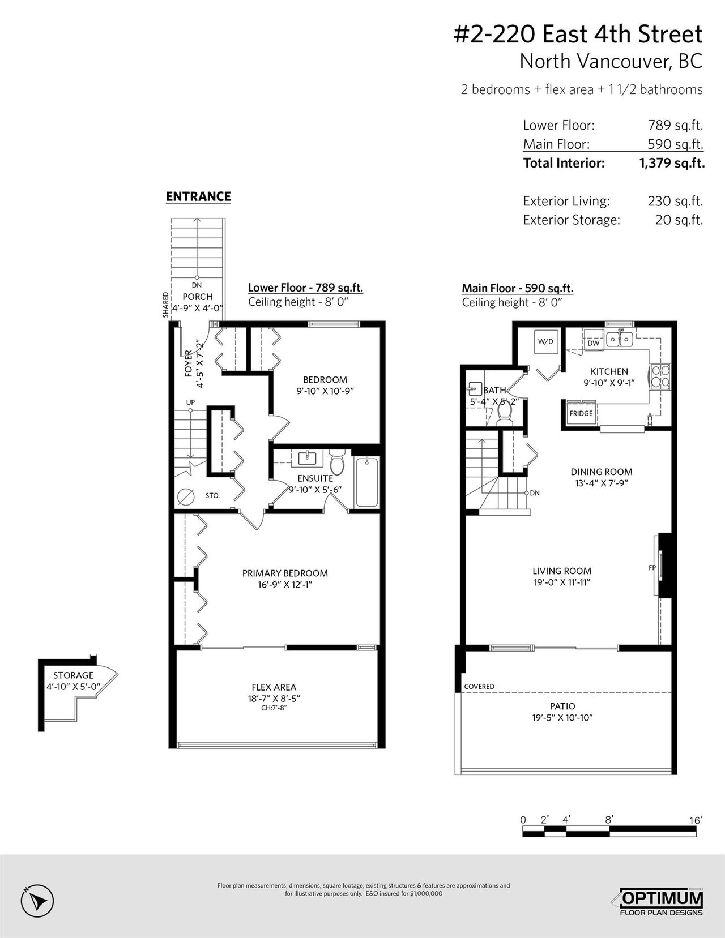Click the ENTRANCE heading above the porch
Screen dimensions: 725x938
(198, 197)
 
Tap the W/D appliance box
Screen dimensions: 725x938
(545, 342)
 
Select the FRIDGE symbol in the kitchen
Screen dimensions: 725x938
(581, 413)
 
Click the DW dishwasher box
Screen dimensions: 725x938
(594, 343)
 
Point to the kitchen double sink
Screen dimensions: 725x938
(620, 339)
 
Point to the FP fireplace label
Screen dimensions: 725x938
(652, 568)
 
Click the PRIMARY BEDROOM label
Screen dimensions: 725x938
(285, 573)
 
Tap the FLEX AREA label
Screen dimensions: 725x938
(274, 687)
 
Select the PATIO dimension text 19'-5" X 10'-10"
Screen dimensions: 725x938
(562, 718)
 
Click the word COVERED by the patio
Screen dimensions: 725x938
(479, 686)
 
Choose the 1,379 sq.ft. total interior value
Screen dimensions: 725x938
(672, 163)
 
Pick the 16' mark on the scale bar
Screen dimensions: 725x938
(696, 820)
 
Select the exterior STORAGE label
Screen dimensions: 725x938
(73, 675)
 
